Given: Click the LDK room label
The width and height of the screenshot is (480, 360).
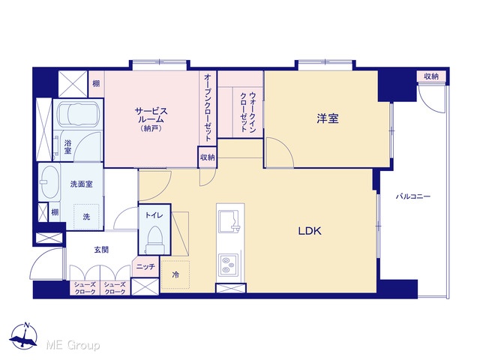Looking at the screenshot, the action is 310,231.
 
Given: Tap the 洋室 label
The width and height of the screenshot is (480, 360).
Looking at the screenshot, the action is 328,118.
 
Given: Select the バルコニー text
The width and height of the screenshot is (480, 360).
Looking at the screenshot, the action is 413,196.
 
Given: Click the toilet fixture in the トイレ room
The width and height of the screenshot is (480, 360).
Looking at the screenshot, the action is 154,240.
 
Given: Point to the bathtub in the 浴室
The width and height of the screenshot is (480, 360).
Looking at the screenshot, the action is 79,114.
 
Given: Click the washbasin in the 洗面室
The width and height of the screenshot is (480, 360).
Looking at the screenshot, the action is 50,181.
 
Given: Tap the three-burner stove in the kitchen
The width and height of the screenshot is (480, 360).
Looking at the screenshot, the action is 227,265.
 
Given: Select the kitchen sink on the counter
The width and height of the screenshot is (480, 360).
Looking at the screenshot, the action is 229,221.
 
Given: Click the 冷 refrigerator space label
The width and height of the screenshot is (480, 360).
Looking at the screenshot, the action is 175,275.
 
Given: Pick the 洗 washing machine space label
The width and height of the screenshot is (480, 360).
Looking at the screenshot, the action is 86,217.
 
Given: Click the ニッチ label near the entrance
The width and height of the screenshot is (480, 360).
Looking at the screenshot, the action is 145,267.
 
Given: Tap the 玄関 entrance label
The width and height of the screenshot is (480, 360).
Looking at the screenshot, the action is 101,250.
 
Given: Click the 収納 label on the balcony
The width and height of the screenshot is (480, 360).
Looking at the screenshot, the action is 431,76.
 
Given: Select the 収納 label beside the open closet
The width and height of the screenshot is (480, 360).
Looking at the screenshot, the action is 207,157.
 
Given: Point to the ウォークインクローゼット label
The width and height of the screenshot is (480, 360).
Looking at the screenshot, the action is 248,112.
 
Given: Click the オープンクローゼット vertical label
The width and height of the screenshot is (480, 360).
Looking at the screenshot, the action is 208,107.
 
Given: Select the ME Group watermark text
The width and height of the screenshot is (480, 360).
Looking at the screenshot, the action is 73,346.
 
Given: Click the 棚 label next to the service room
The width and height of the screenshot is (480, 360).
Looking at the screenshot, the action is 96,83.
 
